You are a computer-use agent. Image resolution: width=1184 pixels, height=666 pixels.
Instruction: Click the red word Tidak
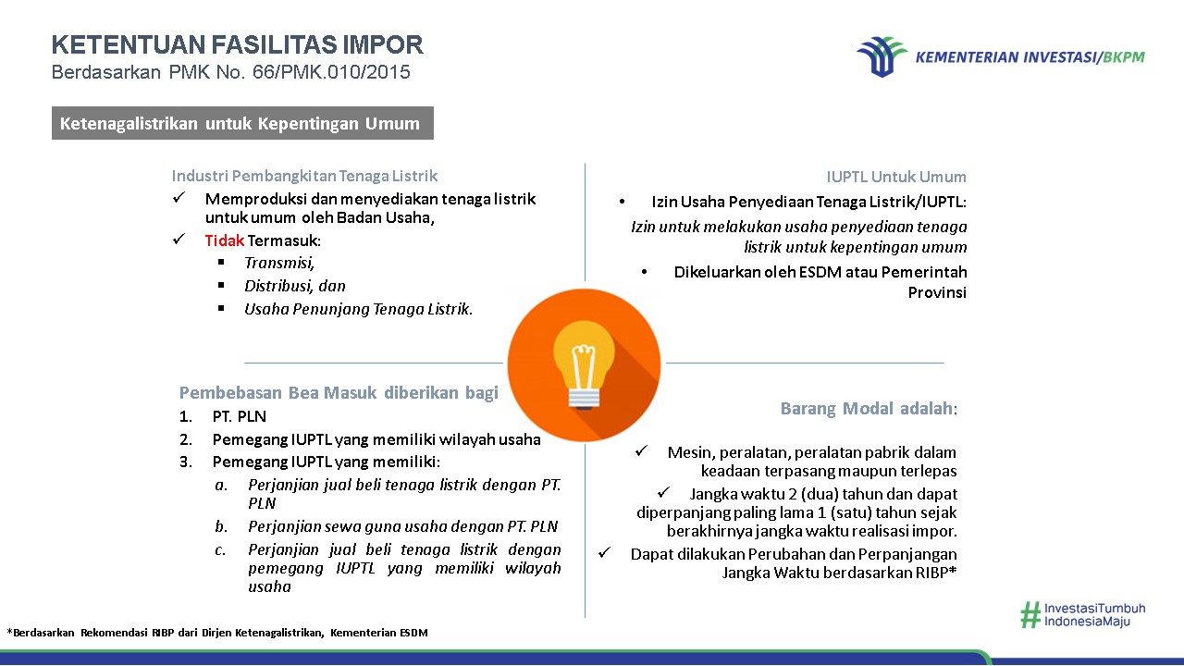click(x=224, y=240)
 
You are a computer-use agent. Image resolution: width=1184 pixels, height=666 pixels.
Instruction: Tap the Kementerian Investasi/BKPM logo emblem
click(x=882, y=56)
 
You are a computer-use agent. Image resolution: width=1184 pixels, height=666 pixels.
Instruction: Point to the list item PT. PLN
click(x=239, y=416)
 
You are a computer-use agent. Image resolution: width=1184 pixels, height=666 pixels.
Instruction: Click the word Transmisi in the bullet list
click(x=279, y=263)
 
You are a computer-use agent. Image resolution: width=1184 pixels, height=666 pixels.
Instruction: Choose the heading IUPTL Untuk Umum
click(x=896, y=177)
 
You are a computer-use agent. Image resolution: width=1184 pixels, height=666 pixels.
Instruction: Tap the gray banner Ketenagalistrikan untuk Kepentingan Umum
click(x=242, y=123)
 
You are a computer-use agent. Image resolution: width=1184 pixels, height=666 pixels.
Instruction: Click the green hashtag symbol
click(x=1030, y=615)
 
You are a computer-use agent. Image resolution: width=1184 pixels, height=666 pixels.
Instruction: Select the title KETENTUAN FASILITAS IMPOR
click(x=238, y=44)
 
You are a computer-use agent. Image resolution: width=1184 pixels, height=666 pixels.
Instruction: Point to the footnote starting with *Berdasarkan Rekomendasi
click(x=217, y=633)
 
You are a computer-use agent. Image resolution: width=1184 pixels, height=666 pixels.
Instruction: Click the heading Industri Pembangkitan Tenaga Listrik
click(x=304, y=176)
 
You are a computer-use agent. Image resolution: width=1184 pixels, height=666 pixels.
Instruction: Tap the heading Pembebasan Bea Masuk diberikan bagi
click(x=339, y=393)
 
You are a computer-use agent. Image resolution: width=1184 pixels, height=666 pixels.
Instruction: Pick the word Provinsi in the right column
click(x=937, y=292)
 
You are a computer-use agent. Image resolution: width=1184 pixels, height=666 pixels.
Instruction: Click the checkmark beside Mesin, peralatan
click(x=641, y=450)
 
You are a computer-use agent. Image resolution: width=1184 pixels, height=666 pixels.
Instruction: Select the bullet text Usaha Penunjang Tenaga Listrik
click(x=358, y=309)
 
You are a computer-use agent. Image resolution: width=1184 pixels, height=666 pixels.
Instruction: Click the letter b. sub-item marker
click(x=221, y=526)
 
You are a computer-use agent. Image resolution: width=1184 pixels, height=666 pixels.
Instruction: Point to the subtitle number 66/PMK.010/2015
click(x=331, y=72)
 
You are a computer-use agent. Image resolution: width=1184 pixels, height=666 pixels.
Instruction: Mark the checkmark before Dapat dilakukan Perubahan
click(x=604, y=553)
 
